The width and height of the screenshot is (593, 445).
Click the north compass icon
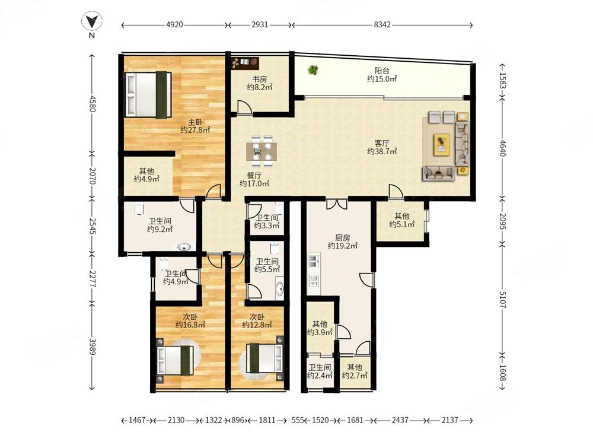[92, 21]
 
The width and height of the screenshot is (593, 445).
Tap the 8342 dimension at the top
[382, 25]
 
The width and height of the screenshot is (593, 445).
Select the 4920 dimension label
[174, 25]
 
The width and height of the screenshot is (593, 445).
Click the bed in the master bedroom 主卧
[148, 94]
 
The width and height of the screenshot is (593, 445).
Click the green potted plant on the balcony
[313, 69]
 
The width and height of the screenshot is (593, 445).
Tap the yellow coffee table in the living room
[441, 144]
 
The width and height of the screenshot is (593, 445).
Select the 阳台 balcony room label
[382, 71]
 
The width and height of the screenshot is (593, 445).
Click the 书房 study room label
[260, 79]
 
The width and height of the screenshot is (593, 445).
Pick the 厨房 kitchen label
[343, 238]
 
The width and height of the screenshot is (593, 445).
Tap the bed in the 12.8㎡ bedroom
[264, 358]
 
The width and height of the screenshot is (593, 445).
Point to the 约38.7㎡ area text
[382, 151]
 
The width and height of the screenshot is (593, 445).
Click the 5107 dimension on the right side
[502, 300]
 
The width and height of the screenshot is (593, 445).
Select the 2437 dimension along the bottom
[400, 420]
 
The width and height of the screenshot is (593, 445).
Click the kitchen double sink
[314, 261]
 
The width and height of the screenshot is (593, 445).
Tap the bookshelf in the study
[245, 63]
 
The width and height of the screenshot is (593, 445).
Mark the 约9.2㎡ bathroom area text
[160, 229]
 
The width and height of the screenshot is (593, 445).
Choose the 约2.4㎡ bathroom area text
[320, 376]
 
